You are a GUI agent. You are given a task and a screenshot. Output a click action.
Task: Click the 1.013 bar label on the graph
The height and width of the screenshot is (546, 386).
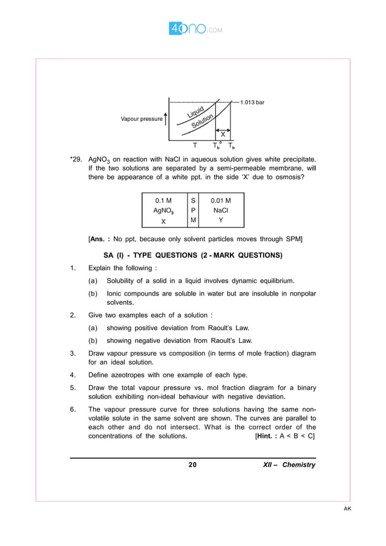252,102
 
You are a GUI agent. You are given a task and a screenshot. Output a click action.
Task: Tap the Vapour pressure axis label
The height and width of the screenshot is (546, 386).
142,119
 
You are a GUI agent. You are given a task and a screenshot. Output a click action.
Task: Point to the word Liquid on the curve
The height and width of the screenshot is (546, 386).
195,112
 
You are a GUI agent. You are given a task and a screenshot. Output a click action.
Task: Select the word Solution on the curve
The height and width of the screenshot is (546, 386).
203,120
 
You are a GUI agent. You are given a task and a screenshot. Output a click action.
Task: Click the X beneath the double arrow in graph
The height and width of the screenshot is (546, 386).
223,134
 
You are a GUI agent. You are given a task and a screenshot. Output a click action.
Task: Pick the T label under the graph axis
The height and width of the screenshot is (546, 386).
194,146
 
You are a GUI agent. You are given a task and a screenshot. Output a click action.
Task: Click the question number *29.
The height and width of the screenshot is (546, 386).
76,160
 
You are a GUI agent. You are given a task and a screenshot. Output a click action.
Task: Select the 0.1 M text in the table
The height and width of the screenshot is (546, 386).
163,200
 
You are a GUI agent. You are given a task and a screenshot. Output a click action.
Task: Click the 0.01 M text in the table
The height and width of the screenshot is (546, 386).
220,200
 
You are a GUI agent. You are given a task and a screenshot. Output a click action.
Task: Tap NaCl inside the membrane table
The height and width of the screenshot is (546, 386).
220,210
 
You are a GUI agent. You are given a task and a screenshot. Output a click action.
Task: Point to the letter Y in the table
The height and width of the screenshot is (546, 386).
220,220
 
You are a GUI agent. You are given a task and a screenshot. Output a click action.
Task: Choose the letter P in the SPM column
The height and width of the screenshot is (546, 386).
192,210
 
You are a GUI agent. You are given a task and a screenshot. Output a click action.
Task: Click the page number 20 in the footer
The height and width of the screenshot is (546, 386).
192,465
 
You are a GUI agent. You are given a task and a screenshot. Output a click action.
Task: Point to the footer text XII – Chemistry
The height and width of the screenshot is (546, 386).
289,465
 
